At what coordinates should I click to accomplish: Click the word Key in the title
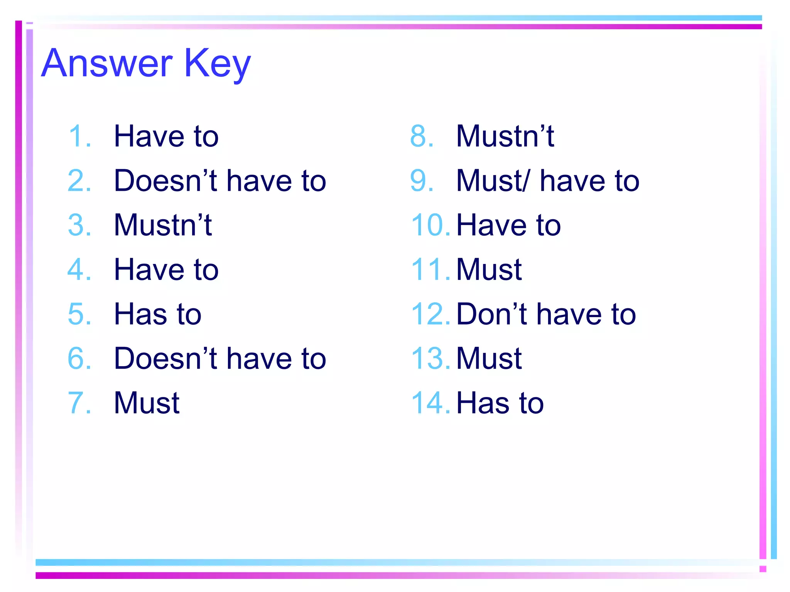point(217,64)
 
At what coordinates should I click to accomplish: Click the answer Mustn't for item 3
point(162,225)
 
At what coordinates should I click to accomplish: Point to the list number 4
point(79,269)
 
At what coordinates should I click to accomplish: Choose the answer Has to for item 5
point(157,314)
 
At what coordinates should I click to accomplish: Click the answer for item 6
point(220,358)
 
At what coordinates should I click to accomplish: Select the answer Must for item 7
point(147,403)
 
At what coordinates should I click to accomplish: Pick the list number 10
point(430,225)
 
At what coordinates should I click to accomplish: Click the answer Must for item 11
point(489,269)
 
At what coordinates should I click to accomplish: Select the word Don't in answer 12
point(492,314)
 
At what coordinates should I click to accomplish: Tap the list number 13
point(430,358)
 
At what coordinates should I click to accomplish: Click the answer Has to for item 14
point(500,403)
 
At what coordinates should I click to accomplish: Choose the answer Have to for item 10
point(508,225)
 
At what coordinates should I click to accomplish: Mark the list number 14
point(430,403)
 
